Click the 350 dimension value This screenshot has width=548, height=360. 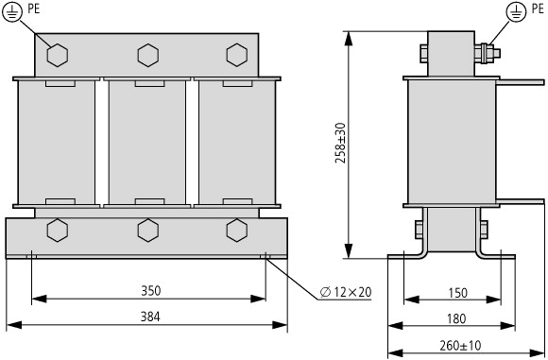151,291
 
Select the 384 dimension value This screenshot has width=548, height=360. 150,317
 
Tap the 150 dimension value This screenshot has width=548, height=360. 457,293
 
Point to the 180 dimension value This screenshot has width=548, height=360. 456,318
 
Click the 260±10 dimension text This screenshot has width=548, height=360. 460,346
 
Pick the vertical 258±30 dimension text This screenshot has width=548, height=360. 340,143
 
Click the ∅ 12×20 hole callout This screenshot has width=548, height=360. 346,292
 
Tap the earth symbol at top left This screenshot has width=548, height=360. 12,11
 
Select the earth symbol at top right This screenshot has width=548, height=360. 516,13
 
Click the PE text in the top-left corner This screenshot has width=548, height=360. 34,9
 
